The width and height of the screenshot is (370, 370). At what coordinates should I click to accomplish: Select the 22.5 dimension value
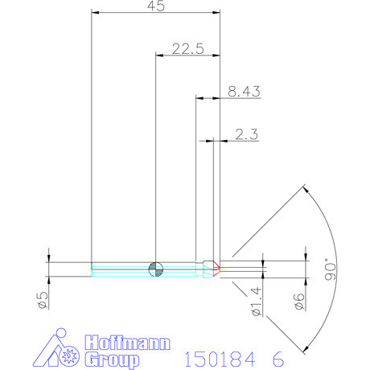click(187, 48)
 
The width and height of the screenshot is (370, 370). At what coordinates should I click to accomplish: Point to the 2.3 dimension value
click(247, 135)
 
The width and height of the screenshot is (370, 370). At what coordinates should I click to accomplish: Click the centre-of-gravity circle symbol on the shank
click(155, 268)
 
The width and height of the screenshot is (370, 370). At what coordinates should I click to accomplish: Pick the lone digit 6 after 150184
click(277, 357)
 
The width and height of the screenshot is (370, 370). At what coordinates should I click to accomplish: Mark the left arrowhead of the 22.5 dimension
click(158, 55)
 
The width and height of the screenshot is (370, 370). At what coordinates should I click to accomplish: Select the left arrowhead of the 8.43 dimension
click(200, 99)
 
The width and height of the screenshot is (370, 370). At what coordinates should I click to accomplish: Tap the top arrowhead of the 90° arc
click(306, 189)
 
